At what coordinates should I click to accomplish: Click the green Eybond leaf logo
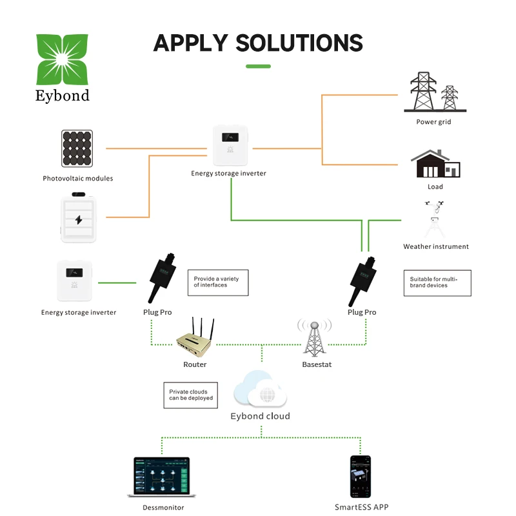coord(62,59)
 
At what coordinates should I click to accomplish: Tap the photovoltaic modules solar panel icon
coord(77,148)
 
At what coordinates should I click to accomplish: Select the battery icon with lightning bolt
coord(78,218)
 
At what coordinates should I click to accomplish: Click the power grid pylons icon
coord(435,92)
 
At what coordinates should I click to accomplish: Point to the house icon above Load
coord(435,164)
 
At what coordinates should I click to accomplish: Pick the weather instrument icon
coord(435,219)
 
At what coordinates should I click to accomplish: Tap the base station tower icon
coord(315,338)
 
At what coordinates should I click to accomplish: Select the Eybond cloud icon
coord(260,389)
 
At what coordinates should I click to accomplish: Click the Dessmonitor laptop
coord(162,477)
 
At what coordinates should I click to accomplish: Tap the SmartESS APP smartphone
coord(361,477)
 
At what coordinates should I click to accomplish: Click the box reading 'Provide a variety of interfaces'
coord(218,283)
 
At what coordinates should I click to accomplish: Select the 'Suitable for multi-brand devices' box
coord(437,283)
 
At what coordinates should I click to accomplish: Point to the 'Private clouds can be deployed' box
coord(190,395)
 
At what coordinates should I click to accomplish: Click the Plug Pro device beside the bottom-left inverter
coord(162,277)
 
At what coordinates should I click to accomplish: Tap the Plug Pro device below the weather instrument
coord(362,281)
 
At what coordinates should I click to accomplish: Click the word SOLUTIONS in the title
coord(299,43)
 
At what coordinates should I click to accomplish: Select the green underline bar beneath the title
coord(259,66)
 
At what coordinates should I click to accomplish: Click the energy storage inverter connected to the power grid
coord(230,145)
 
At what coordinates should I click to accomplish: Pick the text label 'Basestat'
coord(317,364)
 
